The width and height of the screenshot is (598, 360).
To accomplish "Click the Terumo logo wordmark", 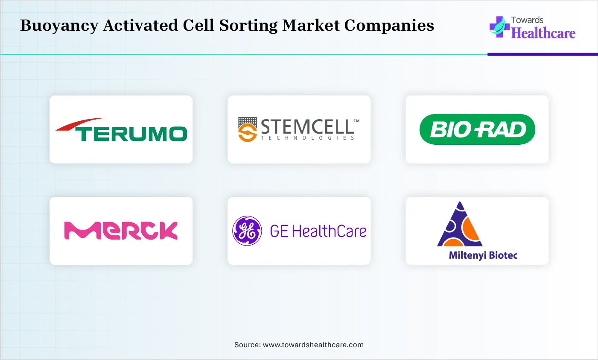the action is point(131,134).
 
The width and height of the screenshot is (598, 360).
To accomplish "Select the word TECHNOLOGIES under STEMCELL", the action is point(307,138).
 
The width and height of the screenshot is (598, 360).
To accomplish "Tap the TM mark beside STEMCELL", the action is point(356,121).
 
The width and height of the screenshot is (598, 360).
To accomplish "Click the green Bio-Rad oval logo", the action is point(477,129).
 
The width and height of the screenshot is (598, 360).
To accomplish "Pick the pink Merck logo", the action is point(121,231).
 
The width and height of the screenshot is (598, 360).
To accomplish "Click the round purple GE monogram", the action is point(247,231).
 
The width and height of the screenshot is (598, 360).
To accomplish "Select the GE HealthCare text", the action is point(318,231).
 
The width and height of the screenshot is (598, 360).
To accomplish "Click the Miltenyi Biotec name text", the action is point(483,255).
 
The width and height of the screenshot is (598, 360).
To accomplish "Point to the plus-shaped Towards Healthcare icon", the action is point(499,27).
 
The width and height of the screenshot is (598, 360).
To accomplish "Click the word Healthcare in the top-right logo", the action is point(543,33).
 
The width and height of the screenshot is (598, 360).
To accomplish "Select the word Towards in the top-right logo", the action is point(527,20).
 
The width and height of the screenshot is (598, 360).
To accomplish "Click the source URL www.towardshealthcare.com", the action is point(313,345).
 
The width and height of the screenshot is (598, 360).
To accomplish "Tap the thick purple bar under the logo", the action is point(543,55).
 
